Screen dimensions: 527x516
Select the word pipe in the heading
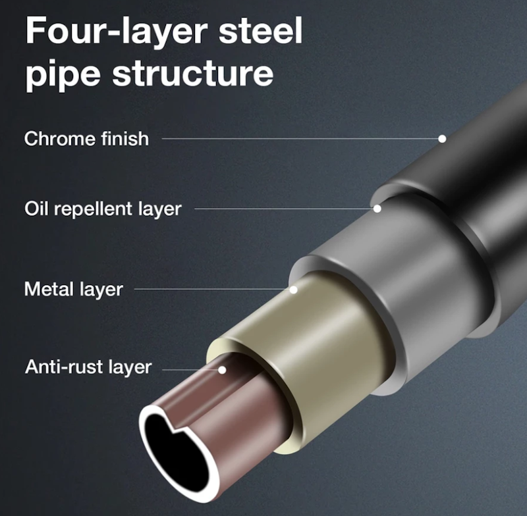click(63, 73)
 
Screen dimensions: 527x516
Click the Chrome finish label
click(86, 138)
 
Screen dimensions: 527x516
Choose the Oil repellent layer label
click(103, 209)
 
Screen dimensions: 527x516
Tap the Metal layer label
click(74, 289)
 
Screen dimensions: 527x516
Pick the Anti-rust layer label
click(88, 367)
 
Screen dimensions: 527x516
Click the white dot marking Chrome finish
click(442, 139)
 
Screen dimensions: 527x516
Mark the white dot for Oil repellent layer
click(377, 209)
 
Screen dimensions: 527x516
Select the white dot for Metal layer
click(293, 290)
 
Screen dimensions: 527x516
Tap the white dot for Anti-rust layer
click(222, 370)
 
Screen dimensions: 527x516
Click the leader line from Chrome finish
click(300, 138)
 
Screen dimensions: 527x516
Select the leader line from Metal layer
click(212, 289)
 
